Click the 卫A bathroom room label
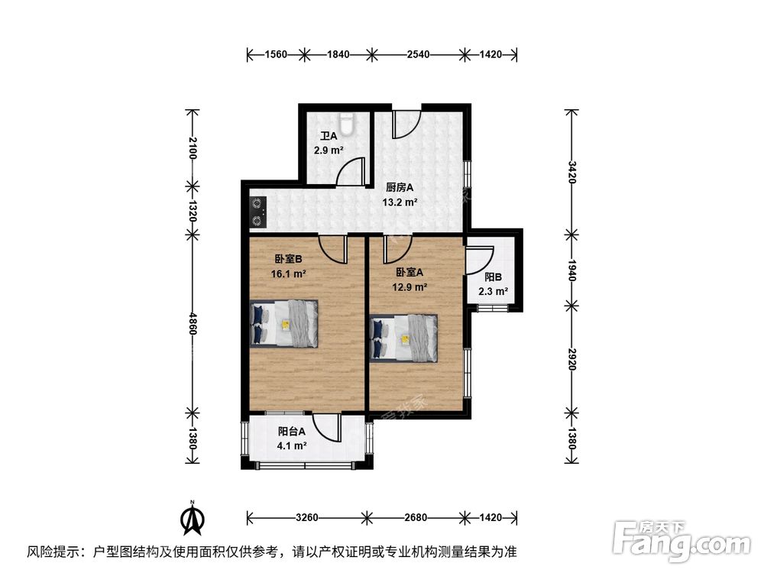[x=328, y=137]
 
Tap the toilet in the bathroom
[x=348, y=121]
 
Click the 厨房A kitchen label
[x=399, y=187]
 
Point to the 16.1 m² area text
[x=288, y=273]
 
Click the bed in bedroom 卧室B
[x=283, y=323]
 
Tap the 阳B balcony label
[x=493, y=277]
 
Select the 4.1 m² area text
[x=292, y=445]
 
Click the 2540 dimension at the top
[x=419, y=54]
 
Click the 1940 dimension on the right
[x=571, y=267]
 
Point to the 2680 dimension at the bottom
[x=416, y=518]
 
